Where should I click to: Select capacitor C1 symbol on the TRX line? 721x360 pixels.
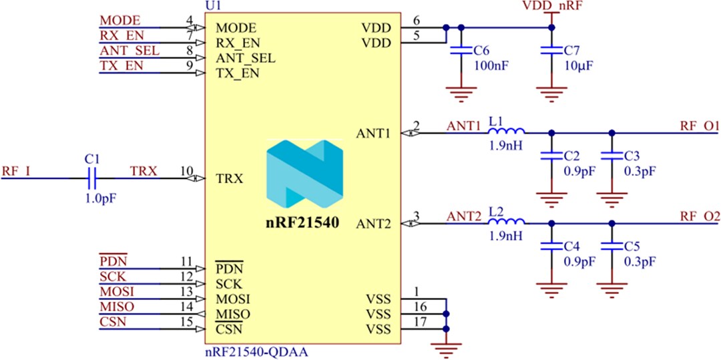(x=93, y=178)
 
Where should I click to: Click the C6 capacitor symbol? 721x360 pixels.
(x=458, y=51)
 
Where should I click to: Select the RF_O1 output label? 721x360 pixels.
(x=699, y=126)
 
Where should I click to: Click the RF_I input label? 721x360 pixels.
(x=15, y=172)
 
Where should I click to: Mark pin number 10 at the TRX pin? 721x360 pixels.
(x=186, y=172)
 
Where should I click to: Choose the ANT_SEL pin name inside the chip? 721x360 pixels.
(x=245, y=58)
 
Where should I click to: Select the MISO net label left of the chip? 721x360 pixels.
(x=116, y=307)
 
